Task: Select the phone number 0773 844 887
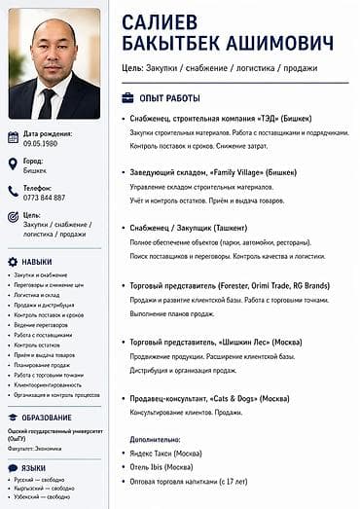tap(45, 197)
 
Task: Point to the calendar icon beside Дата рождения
tap(13, 136)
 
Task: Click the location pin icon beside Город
tap(13, 164)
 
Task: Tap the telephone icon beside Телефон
tap(13, 191)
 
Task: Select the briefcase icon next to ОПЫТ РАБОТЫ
tap(127, 98)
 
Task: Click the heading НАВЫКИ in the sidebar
tap(37, 262)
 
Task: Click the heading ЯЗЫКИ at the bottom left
tap(33, 468)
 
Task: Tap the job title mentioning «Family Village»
tap(212, 172)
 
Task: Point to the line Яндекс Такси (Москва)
tap(166, 453)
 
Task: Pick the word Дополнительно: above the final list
tap(155, 439)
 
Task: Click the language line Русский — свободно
tap(39, 480)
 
